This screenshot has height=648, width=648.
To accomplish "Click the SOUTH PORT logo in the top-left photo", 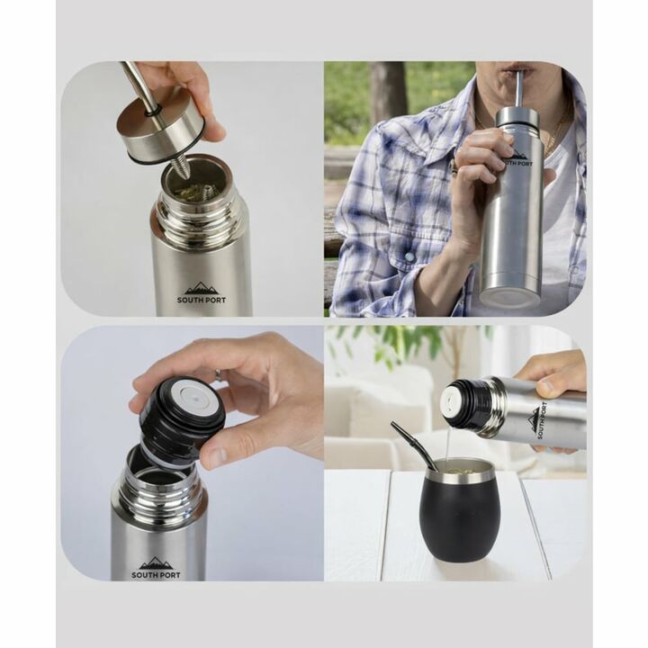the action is click(202, 292).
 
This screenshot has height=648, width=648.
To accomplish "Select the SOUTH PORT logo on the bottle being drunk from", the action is click(517, 158).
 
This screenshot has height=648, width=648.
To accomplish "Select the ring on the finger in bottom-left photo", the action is click(218, 374).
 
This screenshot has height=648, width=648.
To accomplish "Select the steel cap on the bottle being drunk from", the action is click(517, 117).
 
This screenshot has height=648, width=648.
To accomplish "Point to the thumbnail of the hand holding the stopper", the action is click(216, 455).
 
